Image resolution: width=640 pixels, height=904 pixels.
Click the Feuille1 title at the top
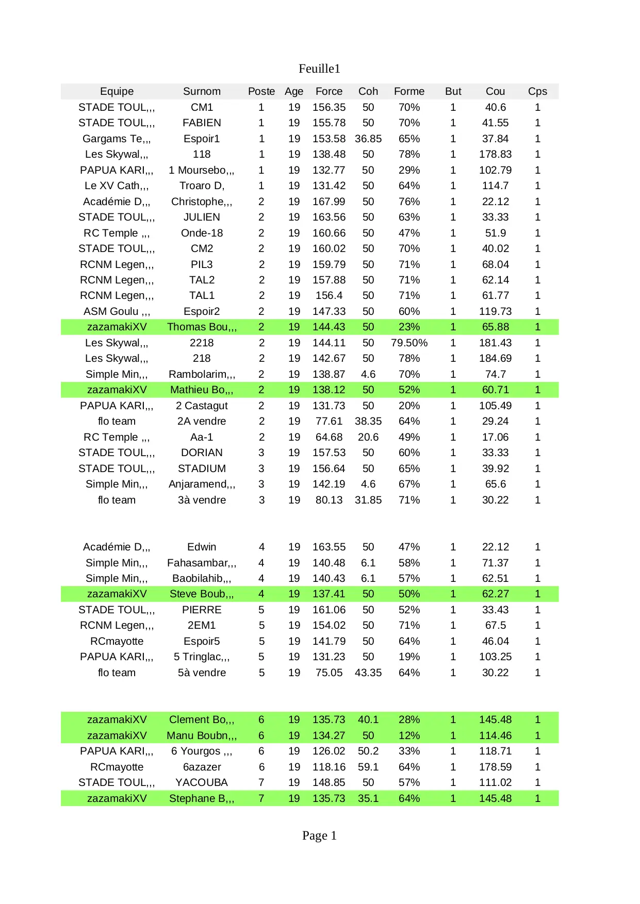(x=319, y=69)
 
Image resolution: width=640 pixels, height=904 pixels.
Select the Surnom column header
(x=202, y=91)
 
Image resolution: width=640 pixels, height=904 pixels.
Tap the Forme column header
(x=409, y=91)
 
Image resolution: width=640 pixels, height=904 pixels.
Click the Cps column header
(x=537, y=91)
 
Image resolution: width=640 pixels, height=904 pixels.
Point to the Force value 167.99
(x=329, y=202)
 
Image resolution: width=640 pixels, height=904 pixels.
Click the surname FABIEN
(x=202, y=123)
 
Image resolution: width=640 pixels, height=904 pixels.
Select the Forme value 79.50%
(x=409, y=343)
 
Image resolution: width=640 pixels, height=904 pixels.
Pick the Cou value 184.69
(x=495, y=358)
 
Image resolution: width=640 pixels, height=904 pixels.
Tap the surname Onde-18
(x=202, y=233)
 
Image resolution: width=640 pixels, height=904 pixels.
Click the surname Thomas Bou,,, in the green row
(x=202, y=327)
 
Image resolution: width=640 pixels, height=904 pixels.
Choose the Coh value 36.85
(x=368, y=139)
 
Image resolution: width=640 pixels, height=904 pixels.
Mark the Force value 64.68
(x=329, y=437)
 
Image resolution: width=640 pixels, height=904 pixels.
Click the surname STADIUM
(x=202, y=468)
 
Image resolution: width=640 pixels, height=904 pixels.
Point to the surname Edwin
(x=202, y=547)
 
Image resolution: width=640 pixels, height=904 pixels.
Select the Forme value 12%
(x=409, y=735)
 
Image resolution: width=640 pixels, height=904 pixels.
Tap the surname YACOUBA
(x=202, y=782)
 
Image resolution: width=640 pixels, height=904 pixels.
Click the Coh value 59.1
(x=368, y=767)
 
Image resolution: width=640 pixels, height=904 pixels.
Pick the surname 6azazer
(x=202, y=767)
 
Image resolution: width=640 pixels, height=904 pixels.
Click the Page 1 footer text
(x=319, y=835)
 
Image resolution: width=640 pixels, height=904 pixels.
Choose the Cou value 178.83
(x=495, y=154)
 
